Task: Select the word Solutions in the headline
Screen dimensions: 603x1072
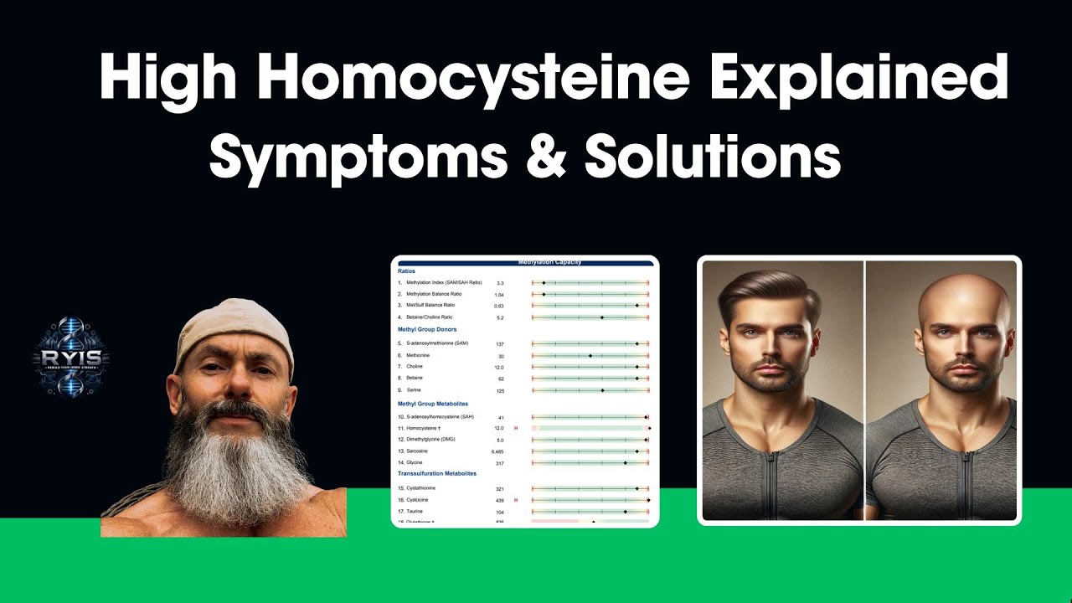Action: (x=712, y=157)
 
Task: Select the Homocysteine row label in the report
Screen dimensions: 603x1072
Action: (x=424, y=428)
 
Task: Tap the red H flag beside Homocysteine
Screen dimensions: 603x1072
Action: (x=515, y=428)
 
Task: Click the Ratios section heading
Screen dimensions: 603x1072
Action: (x=406, y=271)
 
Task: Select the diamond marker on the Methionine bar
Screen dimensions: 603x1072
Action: (x=590, y=356)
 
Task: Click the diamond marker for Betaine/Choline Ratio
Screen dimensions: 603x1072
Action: (x=602, y=317)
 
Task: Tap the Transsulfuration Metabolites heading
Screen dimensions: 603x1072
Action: (x=436, y=474)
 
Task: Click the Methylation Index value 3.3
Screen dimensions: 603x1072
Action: (x=500, y=283)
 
